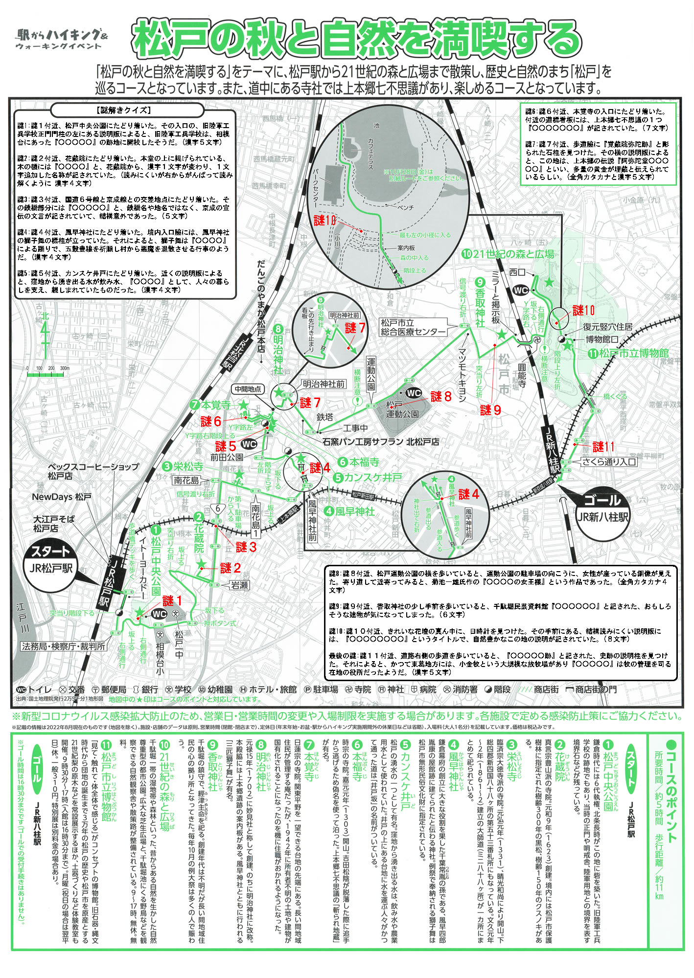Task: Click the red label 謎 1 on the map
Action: pyautogui.click(x=172, y=601)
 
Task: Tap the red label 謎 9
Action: pyautogui.click(x=490, y=410)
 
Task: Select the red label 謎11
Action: pyautogui.click(x=603, y=446)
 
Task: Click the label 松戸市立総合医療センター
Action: pyautogui.click(x=413, y=327)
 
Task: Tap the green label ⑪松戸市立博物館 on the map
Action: pyautogui.click(x=629, y=353)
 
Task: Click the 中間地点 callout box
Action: pyautogui.click(x=248, y=389)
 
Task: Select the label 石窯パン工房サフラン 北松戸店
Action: pyautogui.click(x=381, y=442)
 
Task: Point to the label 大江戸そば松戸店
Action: pyautogui.click(x=53, y=524)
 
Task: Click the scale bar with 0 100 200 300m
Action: pyautogui.click(x=48, y=372)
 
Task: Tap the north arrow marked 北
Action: pyautogui.click(x=45, y=333)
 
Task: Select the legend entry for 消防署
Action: pyautogui.click(x=460, y=689)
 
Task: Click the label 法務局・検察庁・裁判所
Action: pyautogui.click(x=64, y=646)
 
